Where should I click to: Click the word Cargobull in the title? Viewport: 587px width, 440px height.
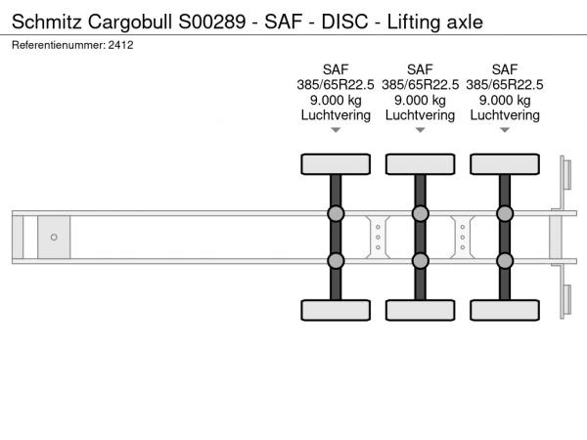[x=130, y=22]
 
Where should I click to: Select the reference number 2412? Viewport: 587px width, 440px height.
[x=120, y=45]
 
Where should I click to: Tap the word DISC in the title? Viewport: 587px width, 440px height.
[x=344, y=22]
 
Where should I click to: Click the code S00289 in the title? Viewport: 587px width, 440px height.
[x=212, y=22]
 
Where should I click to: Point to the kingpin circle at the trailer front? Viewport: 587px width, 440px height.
[x=54, y=238]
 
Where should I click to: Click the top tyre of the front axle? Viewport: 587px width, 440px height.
[x=336, y=164]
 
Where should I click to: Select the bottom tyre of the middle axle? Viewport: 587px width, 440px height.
[x=421, y=310]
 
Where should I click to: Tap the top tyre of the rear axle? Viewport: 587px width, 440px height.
[x=505, y=164]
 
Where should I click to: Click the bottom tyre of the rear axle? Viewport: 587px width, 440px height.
[x=505, y=310]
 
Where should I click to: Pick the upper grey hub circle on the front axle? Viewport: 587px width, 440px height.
[x=336, y=213]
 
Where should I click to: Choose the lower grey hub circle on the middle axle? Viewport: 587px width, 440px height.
[x=421, y=261]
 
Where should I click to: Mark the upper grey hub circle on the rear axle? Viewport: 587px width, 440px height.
[x=505, y=213]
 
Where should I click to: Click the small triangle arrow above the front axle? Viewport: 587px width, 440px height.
[x=336, y=130]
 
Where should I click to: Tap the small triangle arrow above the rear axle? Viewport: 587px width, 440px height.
[x=505, y=130]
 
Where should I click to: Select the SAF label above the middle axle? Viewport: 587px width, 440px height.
[x=420, y=69]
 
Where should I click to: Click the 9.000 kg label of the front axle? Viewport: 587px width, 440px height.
[x=336, y=101]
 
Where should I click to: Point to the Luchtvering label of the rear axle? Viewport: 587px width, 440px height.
[x=505, y=115]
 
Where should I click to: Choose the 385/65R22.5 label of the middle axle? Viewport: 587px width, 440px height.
[x=420, y=85]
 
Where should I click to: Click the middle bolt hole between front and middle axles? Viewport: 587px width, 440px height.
[x=378, y=238]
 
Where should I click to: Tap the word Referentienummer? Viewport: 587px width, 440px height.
[x=59, y=45]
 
